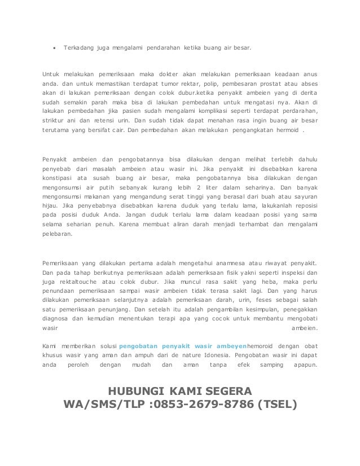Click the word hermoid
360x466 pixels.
click(x=285, y=129)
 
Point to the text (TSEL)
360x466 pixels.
click(x=275, y=405)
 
